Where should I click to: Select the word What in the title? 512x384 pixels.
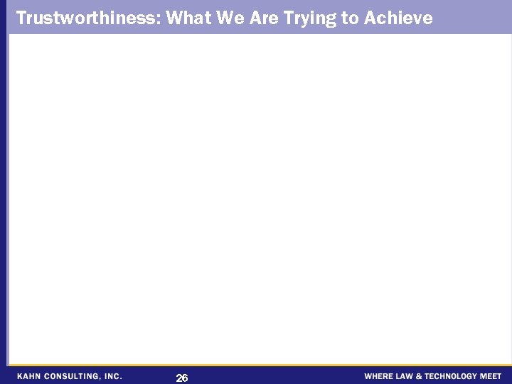pyautogui.click(x=188, y=18)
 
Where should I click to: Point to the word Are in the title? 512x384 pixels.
pyautogui.click(x=264, y=18)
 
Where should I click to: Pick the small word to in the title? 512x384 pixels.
pyautogui.click(x=351, y=18)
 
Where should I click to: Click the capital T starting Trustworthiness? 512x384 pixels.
pyautogui.click(x=21, y=18)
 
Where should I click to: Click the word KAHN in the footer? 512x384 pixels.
pyautogui.click(x=30, y=376)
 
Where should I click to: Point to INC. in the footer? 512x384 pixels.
pyautogui.click(x=112, y=376)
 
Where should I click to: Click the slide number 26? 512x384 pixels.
pyautogui.click(x=182, y=378)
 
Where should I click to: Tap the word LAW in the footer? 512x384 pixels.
pyautogui.click(x=405, y=376)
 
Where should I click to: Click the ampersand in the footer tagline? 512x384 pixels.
pyautogui.click(x=419, y=376)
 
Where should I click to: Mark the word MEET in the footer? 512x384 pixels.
pyautogui.click(x=491, y=376)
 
